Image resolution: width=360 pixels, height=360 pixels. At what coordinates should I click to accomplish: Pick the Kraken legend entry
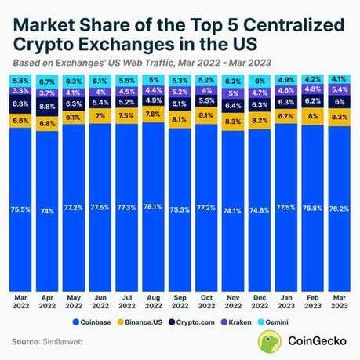pos(247,322)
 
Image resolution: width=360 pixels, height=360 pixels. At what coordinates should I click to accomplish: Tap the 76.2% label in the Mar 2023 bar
pos(338,209)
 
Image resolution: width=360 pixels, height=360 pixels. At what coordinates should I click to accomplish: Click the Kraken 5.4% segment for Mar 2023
pos(338,90)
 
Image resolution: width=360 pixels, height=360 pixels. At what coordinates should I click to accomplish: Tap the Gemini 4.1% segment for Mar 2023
pos(338,78)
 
